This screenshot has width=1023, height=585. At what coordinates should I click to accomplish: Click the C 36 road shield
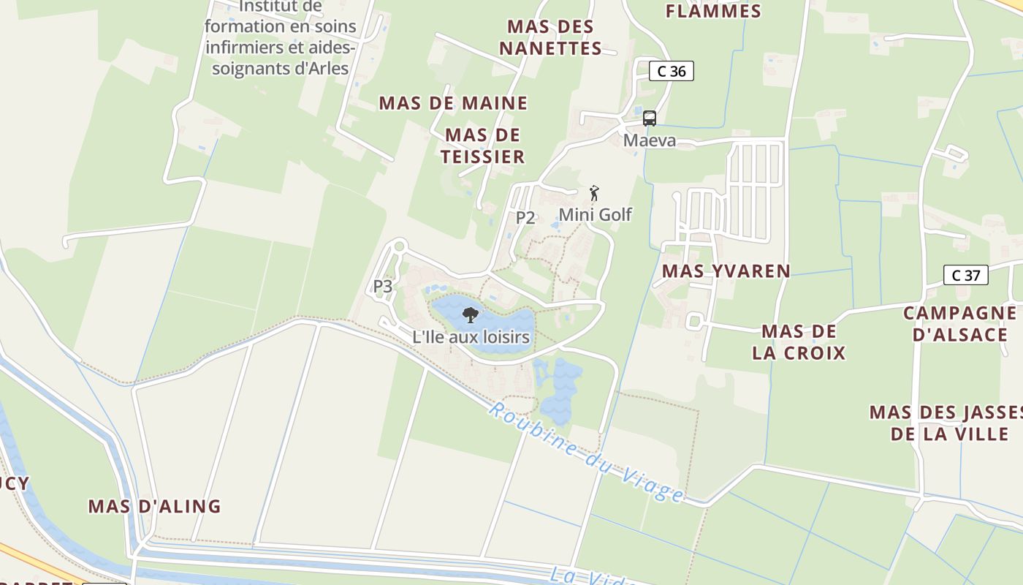point(671,71)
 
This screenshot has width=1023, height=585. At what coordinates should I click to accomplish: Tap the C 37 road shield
point(965,275)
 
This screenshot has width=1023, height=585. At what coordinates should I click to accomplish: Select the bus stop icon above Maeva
point(649,118)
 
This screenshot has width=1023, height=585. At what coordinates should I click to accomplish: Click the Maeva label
point(649,140)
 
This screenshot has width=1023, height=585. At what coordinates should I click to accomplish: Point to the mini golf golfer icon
point(594,194)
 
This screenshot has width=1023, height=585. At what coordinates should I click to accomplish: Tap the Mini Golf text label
point(595,215)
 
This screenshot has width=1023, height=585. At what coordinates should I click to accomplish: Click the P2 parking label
point(525,217)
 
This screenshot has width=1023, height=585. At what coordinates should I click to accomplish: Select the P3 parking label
point(383,286)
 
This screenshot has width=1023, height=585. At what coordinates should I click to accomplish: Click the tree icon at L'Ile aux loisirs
point(471,315)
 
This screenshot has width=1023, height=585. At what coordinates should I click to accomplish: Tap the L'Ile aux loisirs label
point(471,337)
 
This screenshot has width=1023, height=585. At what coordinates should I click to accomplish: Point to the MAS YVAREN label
point(726,271)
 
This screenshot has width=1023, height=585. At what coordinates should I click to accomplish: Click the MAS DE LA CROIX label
point(798,342)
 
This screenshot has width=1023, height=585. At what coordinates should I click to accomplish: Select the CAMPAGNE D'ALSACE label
point(960,324)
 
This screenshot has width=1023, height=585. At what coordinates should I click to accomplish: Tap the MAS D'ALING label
point(154,506)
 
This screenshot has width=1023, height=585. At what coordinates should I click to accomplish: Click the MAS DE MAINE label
point(452,103)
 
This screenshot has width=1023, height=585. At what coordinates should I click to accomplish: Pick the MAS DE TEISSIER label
point(482,146)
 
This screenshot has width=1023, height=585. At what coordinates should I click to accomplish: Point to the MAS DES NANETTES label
point(555,37)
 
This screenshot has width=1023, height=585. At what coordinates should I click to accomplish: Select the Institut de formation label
point(281,37)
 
